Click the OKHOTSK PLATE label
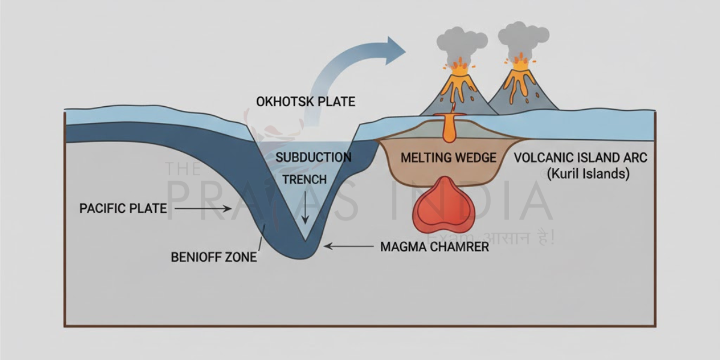click(x=305, y=101)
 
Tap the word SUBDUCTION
click(x=313, y=157)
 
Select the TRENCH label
click(x=304, y=179)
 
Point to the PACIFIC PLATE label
click(x=123, y=209)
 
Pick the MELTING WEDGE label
click(x=448, y=158)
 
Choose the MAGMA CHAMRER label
click(x=434, y=246)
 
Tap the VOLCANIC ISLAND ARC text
click(x=581, y=158)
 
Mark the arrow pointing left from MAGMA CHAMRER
click(x=348, y=245)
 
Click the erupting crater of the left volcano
click(x=460, y=67)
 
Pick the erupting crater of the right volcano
click(x=520, y=63)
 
